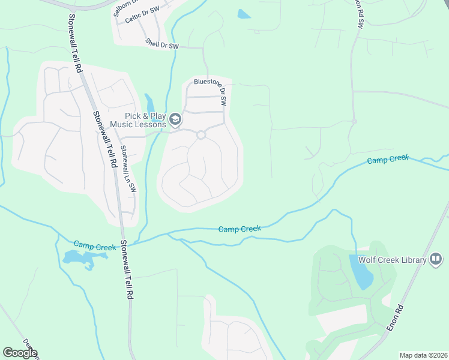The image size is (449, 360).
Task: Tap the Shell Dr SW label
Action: pos(162,44)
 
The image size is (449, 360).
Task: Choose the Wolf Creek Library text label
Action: pos(392,260)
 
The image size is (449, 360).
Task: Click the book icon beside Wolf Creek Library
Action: pos(436,260)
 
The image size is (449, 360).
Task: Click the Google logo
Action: pos(20,353)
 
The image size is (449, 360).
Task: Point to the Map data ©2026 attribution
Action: pos(423,355)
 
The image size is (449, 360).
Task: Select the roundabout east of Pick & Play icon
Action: pos(201,135)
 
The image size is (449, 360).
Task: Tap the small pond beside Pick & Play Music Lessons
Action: pos(149,104)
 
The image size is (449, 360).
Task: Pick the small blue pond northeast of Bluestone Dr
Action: pos(244,14)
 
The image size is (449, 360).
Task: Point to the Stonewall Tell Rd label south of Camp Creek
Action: pos(126,270)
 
